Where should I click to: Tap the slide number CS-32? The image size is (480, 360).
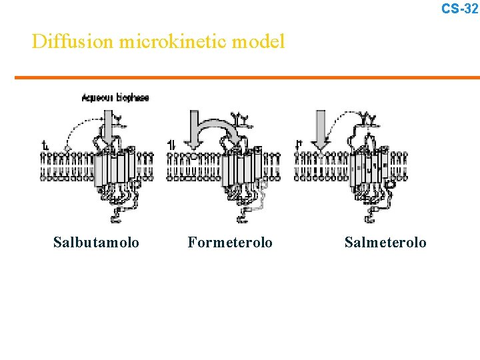pos(459,8)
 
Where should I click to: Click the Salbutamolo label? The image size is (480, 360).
pos(96,242)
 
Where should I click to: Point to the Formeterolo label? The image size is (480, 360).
pos(230,242)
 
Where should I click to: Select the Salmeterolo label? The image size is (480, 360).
pos(385,242)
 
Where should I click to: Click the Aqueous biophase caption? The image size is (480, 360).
pos(115,97)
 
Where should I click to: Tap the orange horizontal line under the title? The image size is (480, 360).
pos(247,77)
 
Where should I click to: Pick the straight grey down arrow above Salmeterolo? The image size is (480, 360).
pos(321,130)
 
